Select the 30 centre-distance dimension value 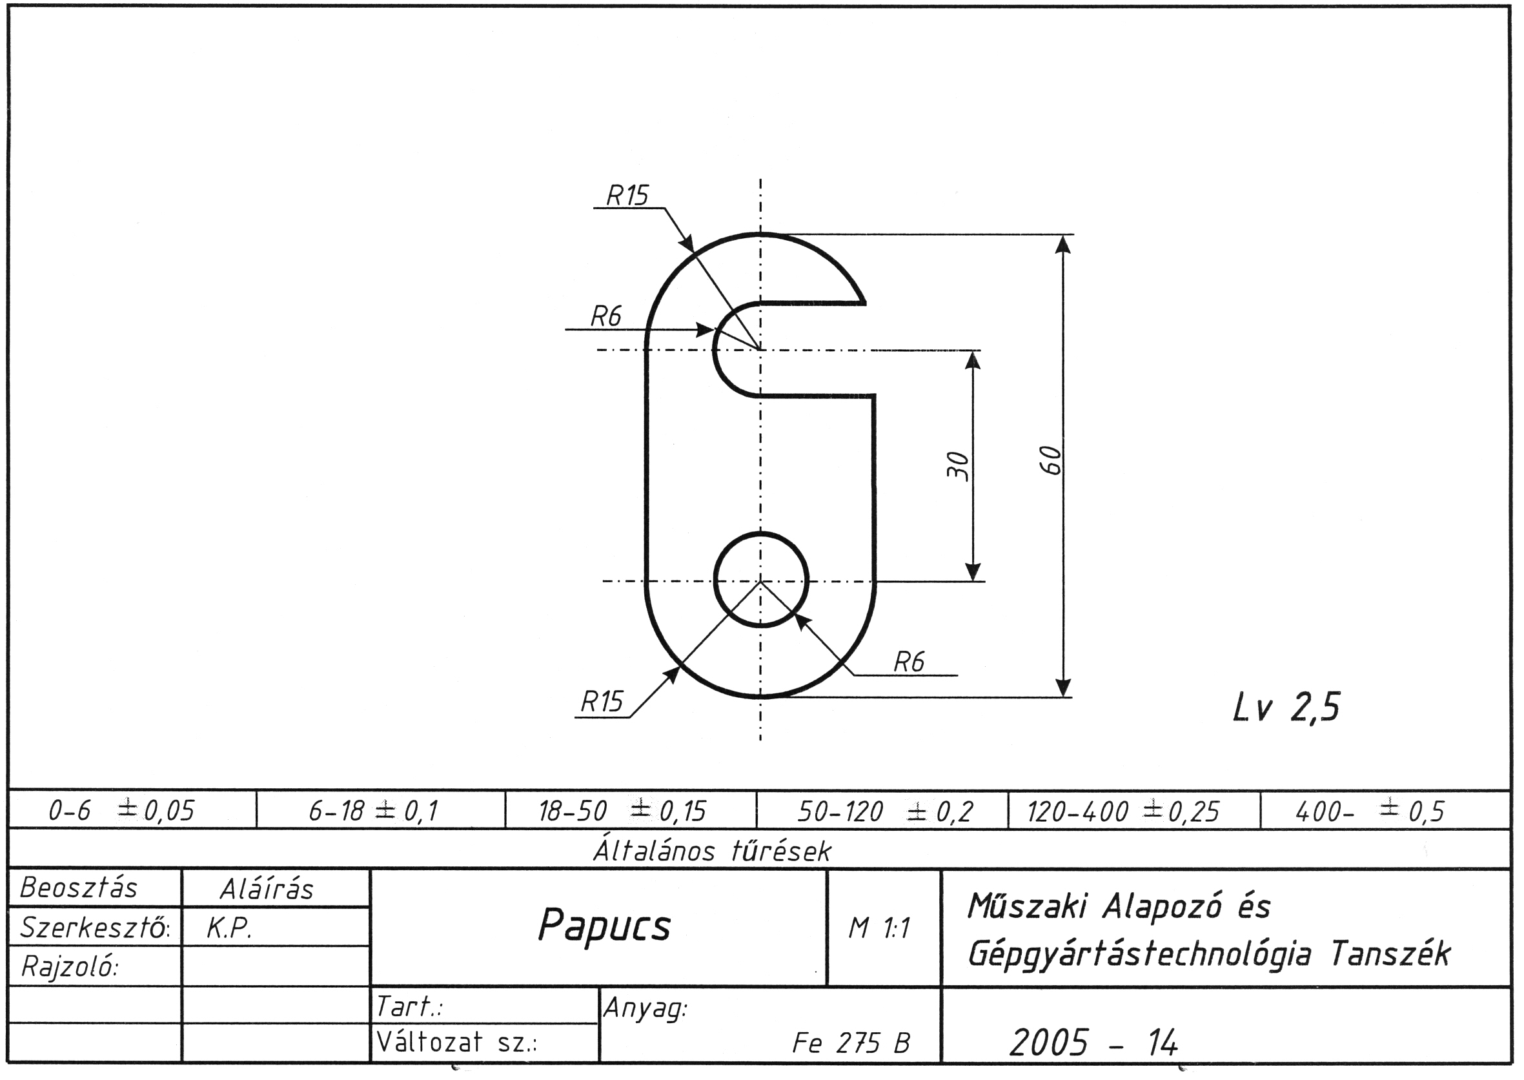[x=957, y=465]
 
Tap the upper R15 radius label [x=627, y=196]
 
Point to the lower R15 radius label [x=602, y=702]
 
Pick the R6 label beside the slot [x=605, y=316]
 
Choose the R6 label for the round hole [x=909, y=662]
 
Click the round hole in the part [x=760, y=579]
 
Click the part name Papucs [x=604, y=926]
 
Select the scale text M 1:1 [x=879, y=928]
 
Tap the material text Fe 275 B [x=851, y=1043]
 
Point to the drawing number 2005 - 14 [x=1093, y=1042]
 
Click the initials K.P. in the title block [x=229, y=929]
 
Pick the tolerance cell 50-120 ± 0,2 [x=885, y=811]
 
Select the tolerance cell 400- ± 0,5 [x=1370, y=811]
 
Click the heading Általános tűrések [x=711, y=851]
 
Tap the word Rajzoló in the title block [x=69, y=967]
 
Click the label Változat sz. [x=456, y=1042]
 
